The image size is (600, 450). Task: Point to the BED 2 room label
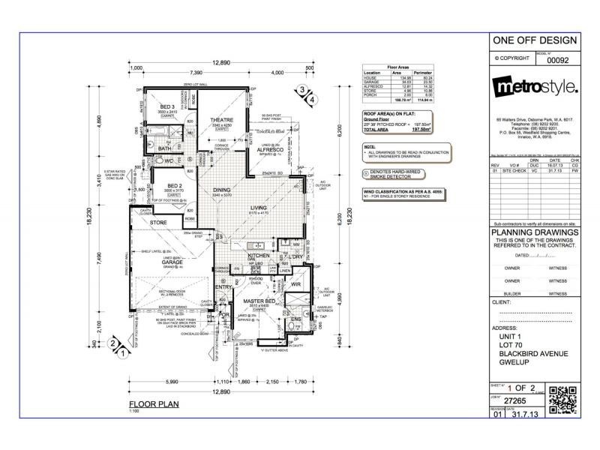point(175,185)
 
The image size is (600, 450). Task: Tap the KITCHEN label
point(258,256)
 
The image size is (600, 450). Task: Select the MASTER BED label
point(259,301)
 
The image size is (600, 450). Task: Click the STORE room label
point(157,223)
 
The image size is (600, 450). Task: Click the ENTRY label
point(223,287)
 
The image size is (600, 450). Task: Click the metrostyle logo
point(535,88)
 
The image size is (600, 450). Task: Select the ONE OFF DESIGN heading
point(535,40)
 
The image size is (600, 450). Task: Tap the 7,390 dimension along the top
point(196,73)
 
